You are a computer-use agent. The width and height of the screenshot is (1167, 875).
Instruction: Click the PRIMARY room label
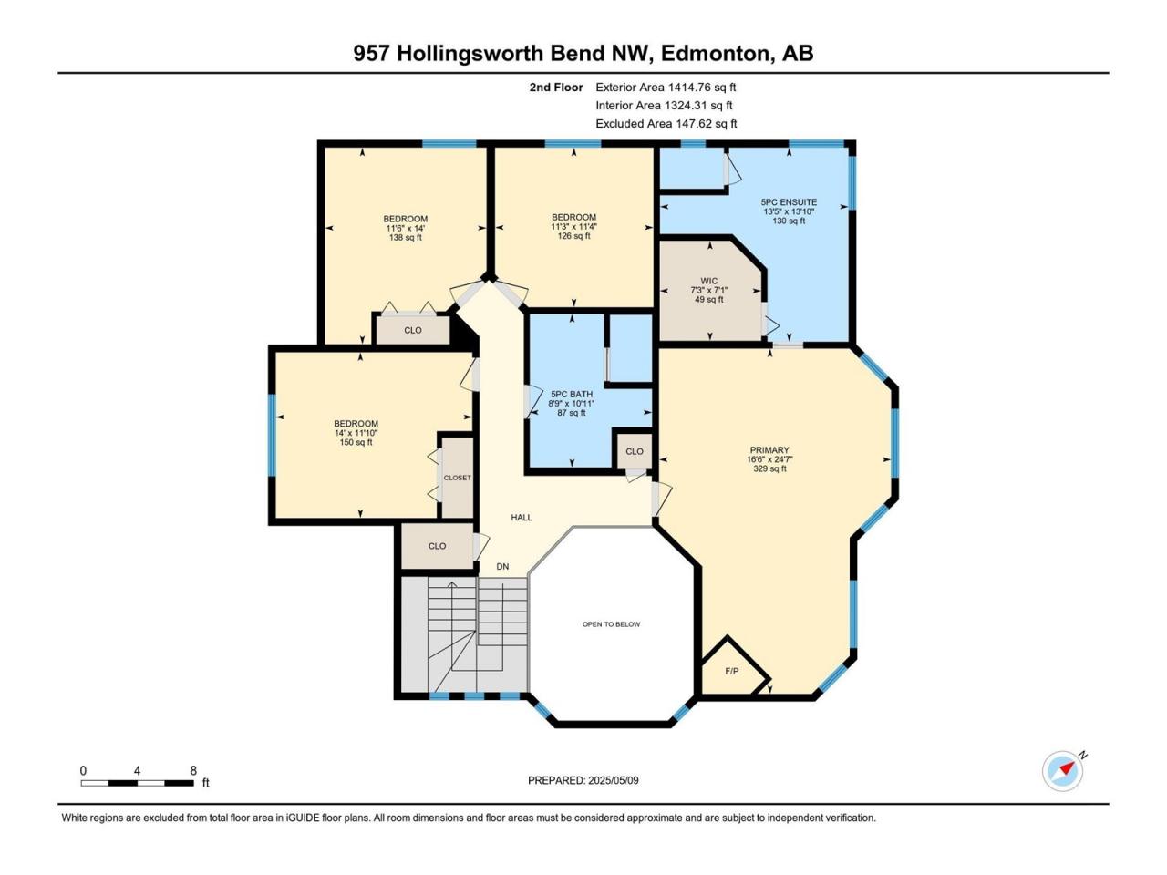tap(769, 450)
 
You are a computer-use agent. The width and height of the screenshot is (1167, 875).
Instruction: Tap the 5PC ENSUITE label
tap(789, 202)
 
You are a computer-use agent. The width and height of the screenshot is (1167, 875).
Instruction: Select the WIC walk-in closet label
tap(708, 281)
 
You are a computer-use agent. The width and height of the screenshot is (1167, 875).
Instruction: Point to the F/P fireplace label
tap(731, 671)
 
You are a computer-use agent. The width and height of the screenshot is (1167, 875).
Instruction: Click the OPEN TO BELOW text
tap(611, 624)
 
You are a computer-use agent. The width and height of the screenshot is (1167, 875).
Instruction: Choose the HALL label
tap(521, 518)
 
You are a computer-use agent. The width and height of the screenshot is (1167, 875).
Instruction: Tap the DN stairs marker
tap(502, 567)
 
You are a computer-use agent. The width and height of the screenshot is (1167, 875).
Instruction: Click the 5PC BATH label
tap(571, 395)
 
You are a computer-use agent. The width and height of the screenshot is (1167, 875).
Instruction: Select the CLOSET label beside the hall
tap(458, 478)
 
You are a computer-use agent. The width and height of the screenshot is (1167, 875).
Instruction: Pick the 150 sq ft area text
tap(356, 442)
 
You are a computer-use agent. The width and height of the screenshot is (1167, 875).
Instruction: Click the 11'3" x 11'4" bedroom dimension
tap(573, 226)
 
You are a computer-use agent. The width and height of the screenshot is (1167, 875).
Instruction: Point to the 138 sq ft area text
tap(405, 238)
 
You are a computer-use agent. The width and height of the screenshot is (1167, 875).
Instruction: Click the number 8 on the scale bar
tap(193, 771)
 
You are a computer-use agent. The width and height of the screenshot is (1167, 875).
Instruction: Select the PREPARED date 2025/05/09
tap(613, 780)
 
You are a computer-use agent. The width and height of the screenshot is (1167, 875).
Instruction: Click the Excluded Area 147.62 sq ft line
tap(666, 124)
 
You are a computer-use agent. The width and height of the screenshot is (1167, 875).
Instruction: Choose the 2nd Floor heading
tap(556, 87)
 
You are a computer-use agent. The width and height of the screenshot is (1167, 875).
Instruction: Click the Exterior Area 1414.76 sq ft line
tap(666, 87)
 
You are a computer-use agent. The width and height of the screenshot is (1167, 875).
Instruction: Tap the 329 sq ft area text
tap(769, 468)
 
